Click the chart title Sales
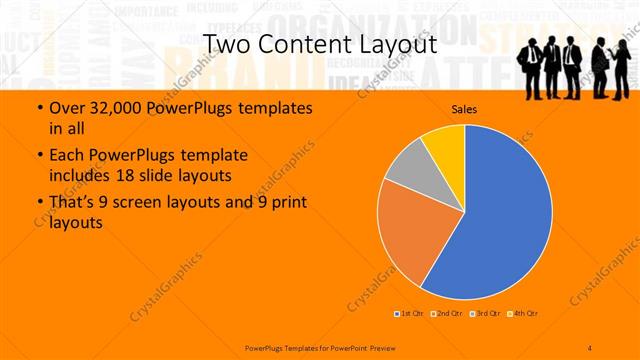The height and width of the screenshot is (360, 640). coord(464,109)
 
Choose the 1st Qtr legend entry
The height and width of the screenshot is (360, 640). coord(409,314)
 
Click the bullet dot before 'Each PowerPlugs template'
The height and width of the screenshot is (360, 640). coord(39,157)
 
